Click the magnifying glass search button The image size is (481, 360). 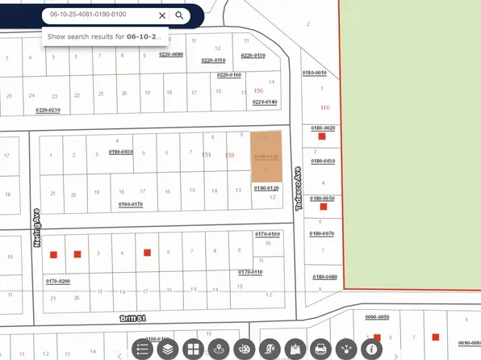click(x=179, y=15)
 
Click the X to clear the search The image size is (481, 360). click(x=161, y=15)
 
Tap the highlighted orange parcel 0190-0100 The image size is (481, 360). click(x=267, y=157)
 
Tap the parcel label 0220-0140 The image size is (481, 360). click(x=265, y=103)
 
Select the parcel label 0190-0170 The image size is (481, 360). click(x=131, y=204)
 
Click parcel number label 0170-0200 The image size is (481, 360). click(x=58, y=281)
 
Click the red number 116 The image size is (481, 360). click(x=325, y=107)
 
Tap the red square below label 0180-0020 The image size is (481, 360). click(x=321, y=137)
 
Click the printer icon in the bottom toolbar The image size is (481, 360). click(x=320, y=350)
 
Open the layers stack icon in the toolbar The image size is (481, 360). click(x=167, y=350)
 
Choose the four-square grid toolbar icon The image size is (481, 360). click(x=193, y=350)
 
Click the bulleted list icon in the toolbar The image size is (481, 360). click(x=142, y=350)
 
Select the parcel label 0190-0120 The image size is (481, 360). click(x=266, y=187)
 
